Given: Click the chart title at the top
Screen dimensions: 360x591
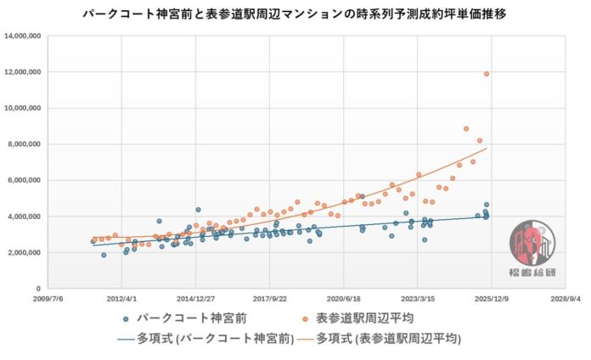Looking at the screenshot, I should pyautogui.click(x=295, y=15).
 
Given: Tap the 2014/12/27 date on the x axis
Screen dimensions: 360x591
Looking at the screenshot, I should pyautogui.click(x=196, y=299).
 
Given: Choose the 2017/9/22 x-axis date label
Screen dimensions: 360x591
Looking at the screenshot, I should pyautogui.click(x=270, y=299).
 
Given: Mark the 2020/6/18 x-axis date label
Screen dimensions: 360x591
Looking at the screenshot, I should pyautogui.click(x=343, y=299).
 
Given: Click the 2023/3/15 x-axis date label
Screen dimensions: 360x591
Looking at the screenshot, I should pyautogui.click(x=417, y=299).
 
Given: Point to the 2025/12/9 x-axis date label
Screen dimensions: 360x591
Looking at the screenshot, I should pyautogui.click(x=490, y=299).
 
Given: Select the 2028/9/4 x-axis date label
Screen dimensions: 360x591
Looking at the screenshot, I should pyautogui.click(x=564, y=299).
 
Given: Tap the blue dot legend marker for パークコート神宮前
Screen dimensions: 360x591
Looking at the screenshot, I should pyautogui.click(x=126, y=319).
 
